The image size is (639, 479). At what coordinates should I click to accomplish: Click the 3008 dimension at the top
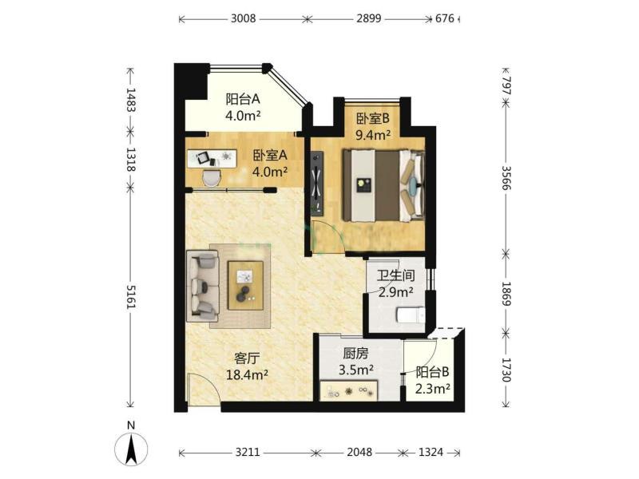tap(244, 18)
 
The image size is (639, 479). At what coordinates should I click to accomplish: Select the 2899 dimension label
tap(369, 18)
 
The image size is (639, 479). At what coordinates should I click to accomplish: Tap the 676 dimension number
tap(445, 18)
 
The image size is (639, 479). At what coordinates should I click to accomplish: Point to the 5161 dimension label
tap(131, 296)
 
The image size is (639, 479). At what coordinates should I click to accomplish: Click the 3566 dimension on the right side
tap(506, 177)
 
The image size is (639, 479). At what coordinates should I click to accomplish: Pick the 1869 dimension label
tap(506, 293)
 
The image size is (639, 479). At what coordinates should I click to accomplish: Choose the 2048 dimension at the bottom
tap(359, 452)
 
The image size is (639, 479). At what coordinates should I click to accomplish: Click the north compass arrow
tap(131, 449)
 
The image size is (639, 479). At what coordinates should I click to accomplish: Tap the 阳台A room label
tap(243, 99)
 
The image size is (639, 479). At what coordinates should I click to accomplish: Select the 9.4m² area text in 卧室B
tap(373, 134)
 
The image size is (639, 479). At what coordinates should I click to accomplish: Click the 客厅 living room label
tap(247, 358)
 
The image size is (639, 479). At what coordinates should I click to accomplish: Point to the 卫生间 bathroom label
tap(395, 275)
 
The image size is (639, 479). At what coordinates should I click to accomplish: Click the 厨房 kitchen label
tap(355, 354)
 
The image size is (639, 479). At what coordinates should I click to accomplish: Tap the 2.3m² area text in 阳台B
tap(432, 389)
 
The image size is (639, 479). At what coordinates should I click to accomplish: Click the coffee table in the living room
tap(245, 286)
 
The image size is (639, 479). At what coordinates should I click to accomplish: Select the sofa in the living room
tap(203, 286)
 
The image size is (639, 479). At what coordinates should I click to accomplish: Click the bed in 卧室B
tap(383, 186)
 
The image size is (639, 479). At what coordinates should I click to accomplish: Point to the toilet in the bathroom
tap(411, 315)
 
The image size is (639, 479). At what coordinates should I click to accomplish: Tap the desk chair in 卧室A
tap(211, 177)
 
